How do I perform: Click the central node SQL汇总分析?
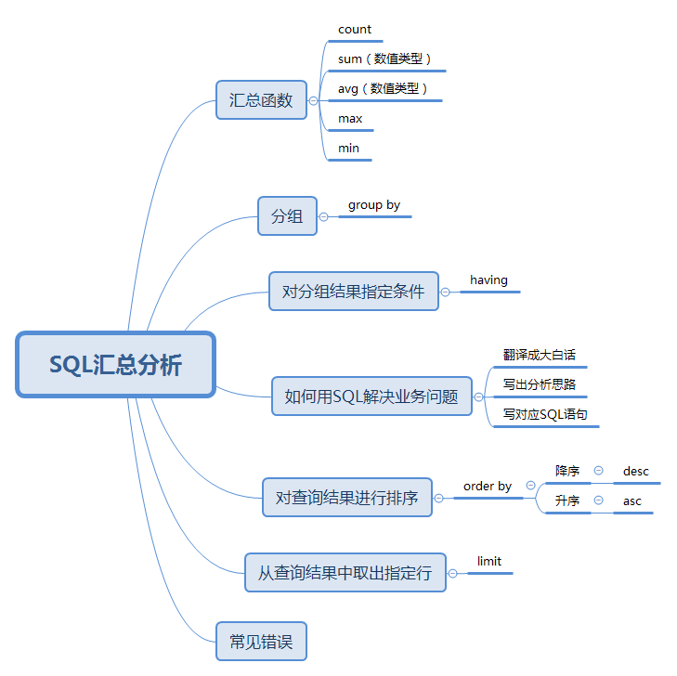[x=116, y=365]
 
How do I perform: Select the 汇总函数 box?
[x=261, y=99]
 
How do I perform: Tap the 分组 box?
[x=287, y=216]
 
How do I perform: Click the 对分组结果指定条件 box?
[x=353, y=292]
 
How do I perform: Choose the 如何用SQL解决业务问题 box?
[x=371, y=396]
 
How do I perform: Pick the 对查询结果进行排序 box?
[x=346, y=498]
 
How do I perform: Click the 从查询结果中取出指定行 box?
[x=345, y=573]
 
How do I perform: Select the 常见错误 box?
[x=261, y=641]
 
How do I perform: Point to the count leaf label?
[x=355, y=30]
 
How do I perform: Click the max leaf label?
[x=350, y=119]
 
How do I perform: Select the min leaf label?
[x=349, y=149]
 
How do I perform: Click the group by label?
[x=374, y=205]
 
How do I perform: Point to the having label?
[x=488, y=280]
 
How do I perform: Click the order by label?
[x=488, y=487]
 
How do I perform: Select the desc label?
[x=636, y=472]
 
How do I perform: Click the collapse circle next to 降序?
[x=598, y=471]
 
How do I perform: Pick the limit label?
[x=489, y=562]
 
